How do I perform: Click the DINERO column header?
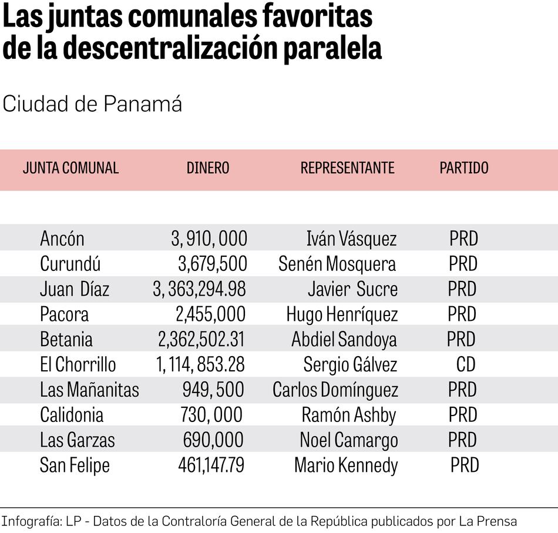208,168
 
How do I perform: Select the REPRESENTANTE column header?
347,168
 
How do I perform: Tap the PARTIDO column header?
464,168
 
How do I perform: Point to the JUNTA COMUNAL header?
70,168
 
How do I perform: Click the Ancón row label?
62,239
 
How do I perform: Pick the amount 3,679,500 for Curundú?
213,264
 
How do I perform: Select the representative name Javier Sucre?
352,289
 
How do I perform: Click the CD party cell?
466,365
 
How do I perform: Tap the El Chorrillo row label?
78,365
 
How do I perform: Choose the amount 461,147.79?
211,466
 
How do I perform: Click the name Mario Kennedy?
346,466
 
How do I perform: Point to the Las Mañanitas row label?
89,390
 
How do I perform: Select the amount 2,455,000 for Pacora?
211,314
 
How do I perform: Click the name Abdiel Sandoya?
344,340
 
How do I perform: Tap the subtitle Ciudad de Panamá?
92,104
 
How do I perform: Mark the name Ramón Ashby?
349,415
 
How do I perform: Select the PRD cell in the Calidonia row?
463,415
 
